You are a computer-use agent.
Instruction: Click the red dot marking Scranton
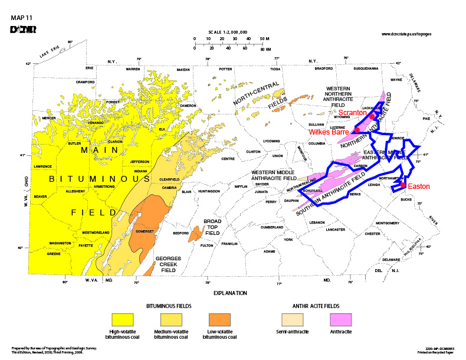(372, 117)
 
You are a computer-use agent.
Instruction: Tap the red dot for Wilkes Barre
(357, 130)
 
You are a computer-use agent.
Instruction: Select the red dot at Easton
(403, 185)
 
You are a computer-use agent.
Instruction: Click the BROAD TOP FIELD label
(213, 227)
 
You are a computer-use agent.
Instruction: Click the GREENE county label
(54, 254)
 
